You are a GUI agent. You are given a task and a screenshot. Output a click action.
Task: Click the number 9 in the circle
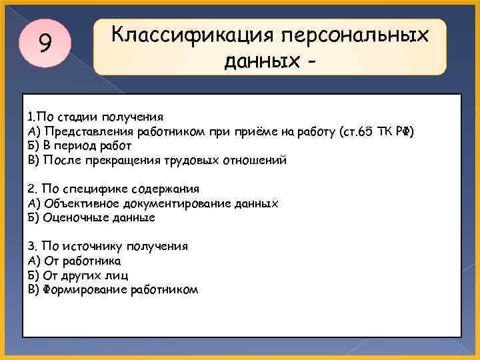pos(45,44)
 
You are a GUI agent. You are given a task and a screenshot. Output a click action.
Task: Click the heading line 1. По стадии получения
pos(95,117)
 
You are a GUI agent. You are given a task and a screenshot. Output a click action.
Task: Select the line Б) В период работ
pos(80,145)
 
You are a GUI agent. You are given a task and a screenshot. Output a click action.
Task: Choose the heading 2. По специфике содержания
pos(113,189)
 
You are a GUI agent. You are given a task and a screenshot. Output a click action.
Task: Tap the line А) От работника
pos(74,261)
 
